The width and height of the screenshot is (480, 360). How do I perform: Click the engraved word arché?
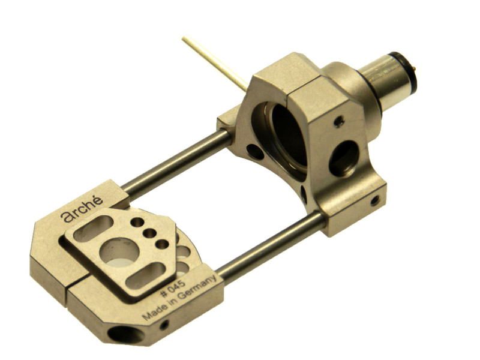tap(82, 209)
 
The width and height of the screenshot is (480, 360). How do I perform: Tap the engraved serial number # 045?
tap(173, 289)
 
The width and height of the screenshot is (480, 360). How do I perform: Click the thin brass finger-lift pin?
tap(215, 64)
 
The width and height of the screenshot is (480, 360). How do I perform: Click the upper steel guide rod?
tap(176, 162)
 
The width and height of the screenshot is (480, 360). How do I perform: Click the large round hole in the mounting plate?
tap(119, 251)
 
